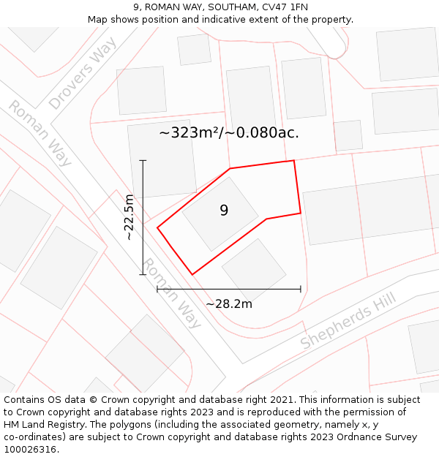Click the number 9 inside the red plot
[224, 211]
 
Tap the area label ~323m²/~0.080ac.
[229, 133]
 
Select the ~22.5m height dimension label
[129, 217]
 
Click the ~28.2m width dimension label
[228, 304]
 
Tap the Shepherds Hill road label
[348, 320]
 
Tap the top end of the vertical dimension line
[143, 160]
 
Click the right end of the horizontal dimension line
[301, 289]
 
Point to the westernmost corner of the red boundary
[157, 227]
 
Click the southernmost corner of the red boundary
[192, 274]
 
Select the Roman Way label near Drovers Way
[40, 133]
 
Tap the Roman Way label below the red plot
[171, 292]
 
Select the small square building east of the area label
[348, 136]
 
